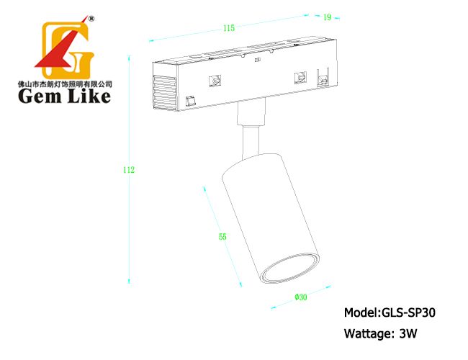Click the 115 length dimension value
coord(229,28)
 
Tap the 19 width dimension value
coord(327,17)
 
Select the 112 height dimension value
coord(129,170)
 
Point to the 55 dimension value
coord(222,237)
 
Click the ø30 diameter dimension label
coord(301,297)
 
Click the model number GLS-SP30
coord(409,312)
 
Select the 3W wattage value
coord(408,333)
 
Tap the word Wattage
coord(366,334)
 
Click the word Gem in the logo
coord(40,96)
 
